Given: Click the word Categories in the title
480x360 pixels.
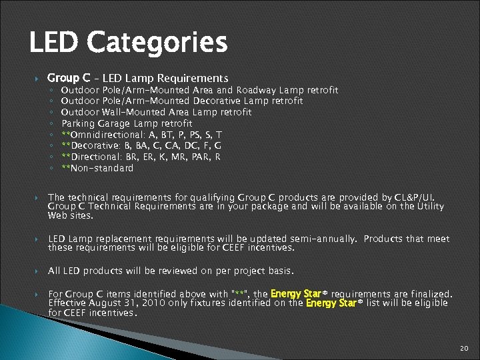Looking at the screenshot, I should point(157,43).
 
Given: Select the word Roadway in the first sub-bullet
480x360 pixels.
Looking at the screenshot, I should point(257,90).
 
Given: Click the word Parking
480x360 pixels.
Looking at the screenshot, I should point(78,124).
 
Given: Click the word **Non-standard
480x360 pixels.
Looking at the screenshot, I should point(97,169).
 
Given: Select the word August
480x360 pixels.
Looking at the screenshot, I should point(97,303).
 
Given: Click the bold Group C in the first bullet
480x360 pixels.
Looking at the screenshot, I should point(69,78).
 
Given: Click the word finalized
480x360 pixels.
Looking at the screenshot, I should point(430,294).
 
